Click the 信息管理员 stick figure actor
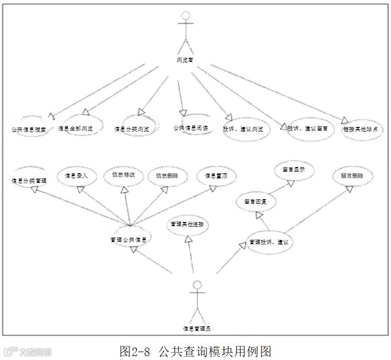pos(196,300)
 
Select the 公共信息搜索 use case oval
pos(29,129)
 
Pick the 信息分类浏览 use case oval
pos(132,129)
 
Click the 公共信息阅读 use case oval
pos(191,127)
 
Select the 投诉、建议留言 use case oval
pos(307,129)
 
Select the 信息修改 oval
pos(124,174)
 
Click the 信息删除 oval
pos(168,175)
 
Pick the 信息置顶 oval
pos(216,175)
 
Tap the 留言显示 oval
pos(294,170)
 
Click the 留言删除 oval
pos(352,175)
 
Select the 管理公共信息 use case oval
pos(130,238)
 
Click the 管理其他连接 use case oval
pos(187,224)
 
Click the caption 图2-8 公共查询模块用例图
pos(195,351)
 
